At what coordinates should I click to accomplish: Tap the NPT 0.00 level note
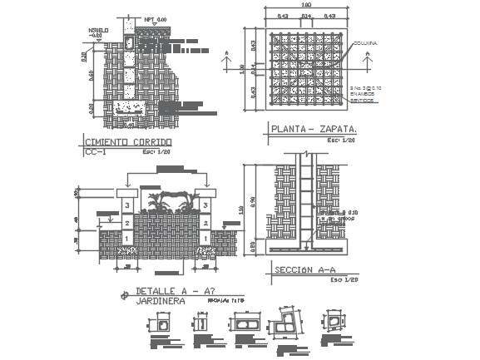click(x=155, y=17)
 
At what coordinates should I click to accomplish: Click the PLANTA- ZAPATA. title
click(x=312, y=130)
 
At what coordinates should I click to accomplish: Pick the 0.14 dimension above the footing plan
click(x=306, y=16)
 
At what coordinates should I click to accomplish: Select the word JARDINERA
click(x=161, y=301)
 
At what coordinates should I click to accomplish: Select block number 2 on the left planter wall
click(x=126, y=223)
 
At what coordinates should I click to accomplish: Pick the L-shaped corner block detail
click(x=285, y=321)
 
